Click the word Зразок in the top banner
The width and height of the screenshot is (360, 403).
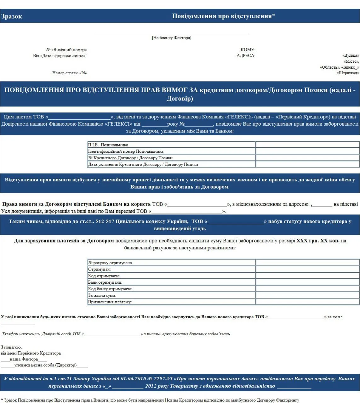pyautogui.click(x=12, y=16)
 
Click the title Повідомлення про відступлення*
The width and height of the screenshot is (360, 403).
pyautogui.click(x=223, y=16)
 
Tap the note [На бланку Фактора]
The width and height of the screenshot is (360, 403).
pyautogui.click(x=171, y=38)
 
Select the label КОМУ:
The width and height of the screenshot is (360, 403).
pyautogui.click(x=248, y=49)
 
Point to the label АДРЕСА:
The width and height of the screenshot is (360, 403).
pyautogui.click(x=246, y=55)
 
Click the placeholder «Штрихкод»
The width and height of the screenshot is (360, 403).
pyautogui.click(x=348, y=73)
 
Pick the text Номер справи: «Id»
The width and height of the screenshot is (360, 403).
pyautogui.click(x=69, y=73)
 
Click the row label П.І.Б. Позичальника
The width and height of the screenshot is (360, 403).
pyautogui.click(x=108, y=145)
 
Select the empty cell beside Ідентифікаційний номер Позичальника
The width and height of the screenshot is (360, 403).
pyautogui.click(x=307, y=151)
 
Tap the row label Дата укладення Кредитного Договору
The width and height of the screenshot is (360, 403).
pyautogui.click(x=143, y=164)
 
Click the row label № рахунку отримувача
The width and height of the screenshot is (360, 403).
pyautogui.click(x=110, y=263)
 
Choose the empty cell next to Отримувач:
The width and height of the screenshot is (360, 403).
pyautogui.click(x=307, y=269)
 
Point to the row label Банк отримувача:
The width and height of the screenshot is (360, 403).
pyautogui.click(x=105, y=282)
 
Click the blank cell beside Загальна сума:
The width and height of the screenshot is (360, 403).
pyautogui.click(x=307, y=295)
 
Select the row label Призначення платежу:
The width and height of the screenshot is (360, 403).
pyautogui.click(x=110, y=302)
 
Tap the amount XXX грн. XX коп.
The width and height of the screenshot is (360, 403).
pyautogui.click(x=318, y=241)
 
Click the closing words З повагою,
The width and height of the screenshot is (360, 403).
pyautogui.click(x=11, y=347)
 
